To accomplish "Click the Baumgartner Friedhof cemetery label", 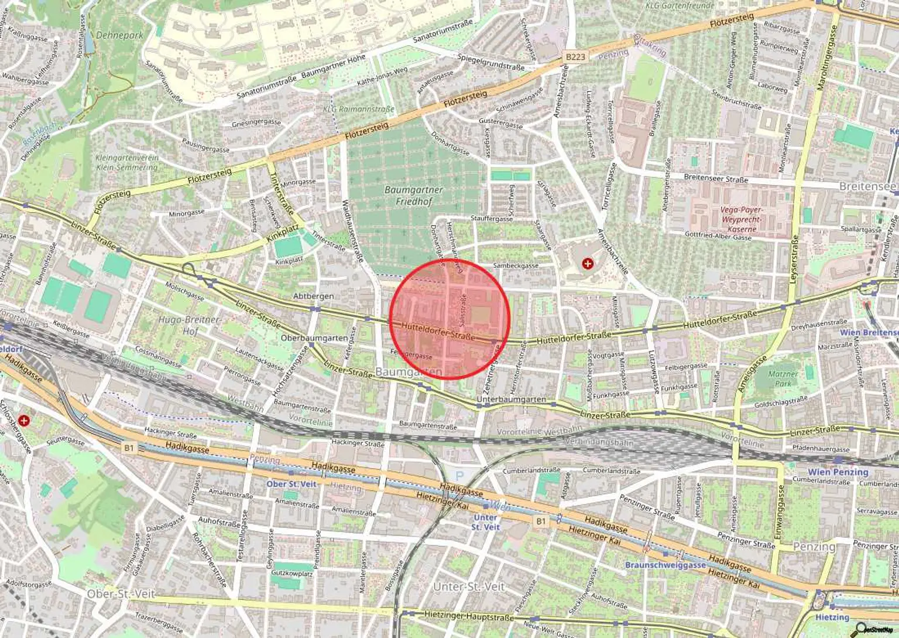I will coord(414,196).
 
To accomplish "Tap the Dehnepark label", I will coord(119,35).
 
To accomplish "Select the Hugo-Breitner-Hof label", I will coord(190,325).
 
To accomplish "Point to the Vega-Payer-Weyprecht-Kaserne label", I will coord(741,219).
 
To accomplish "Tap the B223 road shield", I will coord(575,57).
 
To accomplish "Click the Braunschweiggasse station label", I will coord(665,565).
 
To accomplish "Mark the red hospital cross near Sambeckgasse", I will coord(587,264).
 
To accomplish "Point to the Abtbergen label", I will coord(314,296).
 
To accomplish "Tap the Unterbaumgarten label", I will coord(511,400).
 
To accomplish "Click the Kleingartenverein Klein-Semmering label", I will coord(126,162).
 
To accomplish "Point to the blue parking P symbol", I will coord(459,476).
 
